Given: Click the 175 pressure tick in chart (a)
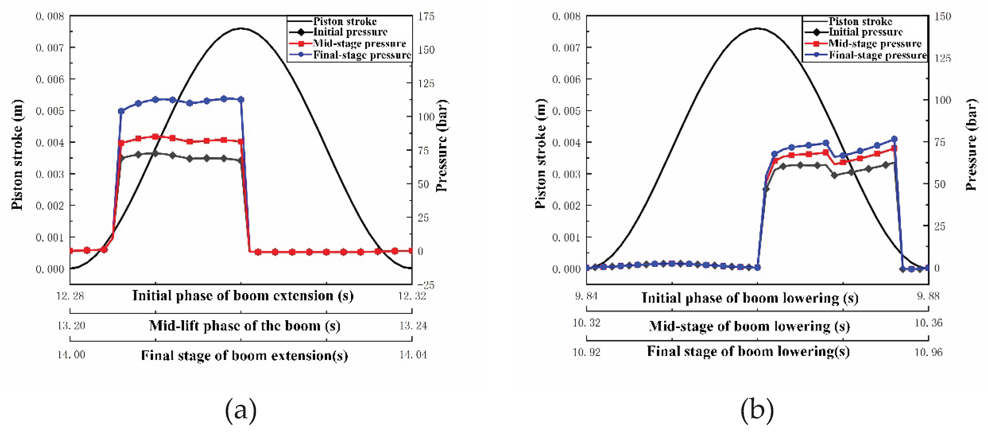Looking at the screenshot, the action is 426,17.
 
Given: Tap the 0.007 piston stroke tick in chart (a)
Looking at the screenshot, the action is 50,48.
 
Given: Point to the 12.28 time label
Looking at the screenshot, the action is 70,296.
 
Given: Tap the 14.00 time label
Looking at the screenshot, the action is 71,354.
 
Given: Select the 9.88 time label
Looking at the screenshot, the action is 928,296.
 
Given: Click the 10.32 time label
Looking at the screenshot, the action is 586,323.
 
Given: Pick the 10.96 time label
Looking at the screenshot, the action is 928,352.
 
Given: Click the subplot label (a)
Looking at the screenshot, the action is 241,410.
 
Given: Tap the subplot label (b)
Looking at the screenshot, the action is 757,410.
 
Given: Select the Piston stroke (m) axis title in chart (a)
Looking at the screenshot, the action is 17,155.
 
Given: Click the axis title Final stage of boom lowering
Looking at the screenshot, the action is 748,352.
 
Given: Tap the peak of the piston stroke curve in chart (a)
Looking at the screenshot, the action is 241,28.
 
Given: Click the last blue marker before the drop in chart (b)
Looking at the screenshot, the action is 895,139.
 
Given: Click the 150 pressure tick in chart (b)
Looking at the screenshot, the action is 943,17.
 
